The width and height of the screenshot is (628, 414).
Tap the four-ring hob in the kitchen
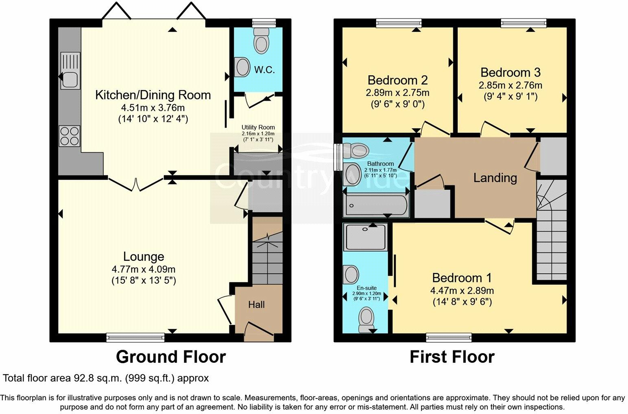coord(70,136)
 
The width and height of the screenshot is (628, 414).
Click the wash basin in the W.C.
coord(242,67)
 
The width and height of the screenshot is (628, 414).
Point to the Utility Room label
coord(258,127)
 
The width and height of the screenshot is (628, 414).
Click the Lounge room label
coord(144,256)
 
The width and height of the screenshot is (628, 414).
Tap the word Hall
coord(256,304)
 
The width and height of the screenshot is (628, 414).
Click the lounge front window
coord(135,337)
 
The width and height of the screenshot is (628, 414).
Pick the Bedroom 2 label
coord(397,80)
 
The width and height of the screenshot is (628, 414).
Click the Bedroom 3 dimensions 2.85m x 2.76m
coord(510,86)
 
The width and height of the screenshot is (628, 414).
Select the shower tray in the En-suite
coord(365,237)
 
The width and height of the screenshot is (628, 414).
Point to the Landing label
coord(495,178)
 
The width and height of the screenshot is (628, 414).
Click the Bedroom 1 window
coord(449,337)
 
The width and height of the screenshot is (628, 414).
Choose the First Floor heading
coord(452,357)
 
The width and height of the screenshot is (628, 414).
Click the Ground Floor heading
coord(170,357)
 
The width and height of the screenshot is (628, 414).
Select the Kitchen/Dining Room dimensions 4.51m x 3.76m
coord(153,108)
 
